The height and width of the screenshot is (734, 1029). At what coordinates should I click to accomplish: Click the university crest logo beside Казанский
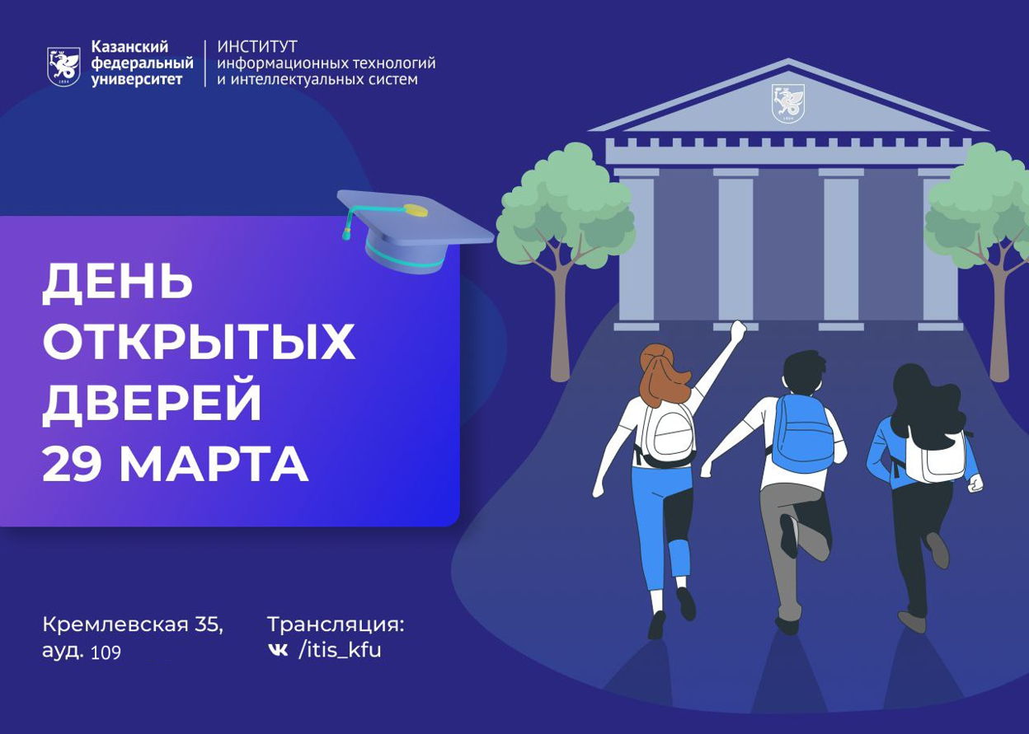coord(64,67)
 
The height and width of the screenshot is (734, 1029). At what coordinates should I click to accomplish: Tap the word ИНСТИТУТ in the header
coord(257,46)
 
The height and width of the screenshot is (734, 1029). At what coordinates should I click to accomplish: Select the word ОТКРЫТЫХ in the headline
coord(199,342)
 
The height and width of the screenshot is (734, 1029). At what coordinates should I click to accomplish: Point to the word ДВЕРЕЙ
coord(152,402)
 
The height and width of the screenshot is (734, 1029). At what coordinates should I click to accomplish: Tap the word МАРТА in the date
coord(214,463)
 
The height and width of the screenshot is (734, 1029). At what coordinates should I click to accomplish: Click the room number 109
coord(106,652)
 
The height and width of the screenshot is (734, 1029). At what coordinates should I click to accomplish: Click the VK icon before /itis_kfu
coord(279,650)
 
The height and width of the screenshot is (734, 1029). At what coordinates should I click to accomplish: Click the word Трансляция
coord(336,624)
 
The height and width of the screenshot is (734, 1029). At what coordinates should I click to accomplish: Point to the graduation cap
coord(415,230)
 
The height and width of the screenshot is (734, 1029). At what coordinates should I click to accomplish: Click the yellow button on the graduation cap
coord(416,210)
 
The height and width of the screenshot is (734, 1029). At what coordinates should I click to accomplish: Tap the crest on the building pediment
coord(788,104)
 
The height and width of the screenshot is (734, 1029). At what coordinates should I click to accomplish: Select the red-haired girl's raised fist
coord(738,330)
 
